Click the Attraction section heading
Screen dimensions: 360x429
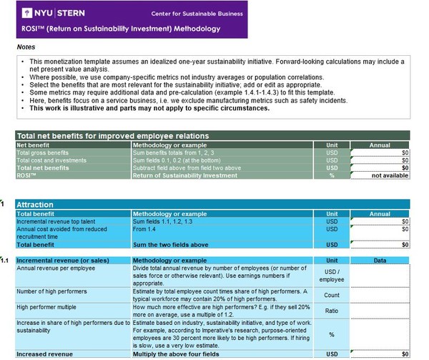click(35, 204)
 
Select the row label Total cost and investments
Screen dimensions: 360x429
click(53, 160)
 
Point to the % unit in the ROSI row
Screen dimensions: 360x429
click(332, 175)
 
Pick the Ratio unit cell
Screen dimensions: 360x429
click(332, 311)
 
